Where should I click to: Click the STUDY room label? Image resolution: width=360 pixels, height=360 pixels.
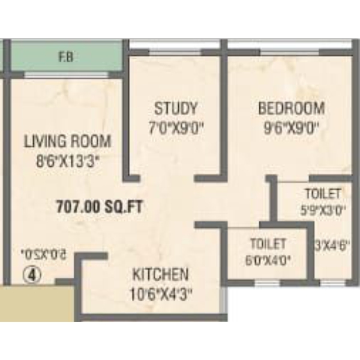[x=176, y=109]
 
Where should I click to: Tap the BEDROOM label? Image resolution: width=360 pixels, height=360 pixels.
[x=292, y=109]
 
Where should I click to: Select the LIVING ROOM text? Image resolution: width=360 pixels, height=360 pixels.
[x=67, y=141]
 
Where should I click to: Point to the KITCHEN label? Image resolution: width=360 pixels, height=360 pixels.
[x=160, y=274]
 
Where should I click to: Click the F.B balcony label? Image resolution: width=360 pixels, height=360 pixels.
[x=67, y=57]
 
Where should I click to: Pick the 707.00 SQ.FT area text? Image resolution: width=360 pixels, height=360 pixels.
[x=99, y=206]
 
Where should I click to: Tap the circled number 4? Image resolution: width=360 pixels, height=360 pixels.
[x=32, y=275]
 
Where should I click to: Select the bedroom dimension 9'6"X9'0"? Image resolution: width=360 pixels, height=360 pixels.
[x=292, y=128]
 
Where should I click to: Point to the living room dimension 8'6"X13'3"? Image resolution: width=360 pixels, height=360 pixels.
[x=68, y=161]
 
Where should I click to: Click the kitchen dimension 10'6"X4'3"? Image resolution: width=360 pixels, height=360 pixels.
[x=160, y=294]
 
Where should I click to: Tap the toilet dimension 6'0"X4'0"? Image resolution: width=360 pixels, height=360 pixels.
[x=268, y=261]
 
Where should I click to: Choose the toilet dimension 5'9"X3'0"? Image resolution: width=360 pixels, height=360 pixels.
[x=323, y=210]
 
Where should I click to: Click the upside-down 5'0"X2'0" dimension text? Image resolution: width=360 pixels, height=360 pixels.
[x=43, y=254]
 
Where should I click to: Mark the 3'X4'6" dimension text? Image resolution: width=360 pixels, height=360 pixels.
[x=332, y=246]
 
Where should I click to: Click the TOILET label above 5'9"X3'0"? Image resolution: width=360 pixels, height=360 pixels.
[x=323, y=194]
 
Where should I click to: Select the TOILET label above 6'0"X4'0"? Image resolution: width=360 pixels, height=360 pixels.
[x=268, y=244]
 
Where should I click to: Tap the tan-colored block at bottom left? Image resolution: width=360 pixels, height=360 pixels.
[x=37, y=303]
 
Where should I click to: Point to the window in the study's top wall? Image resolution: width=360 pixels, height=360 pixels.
[x=175, y=53]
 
